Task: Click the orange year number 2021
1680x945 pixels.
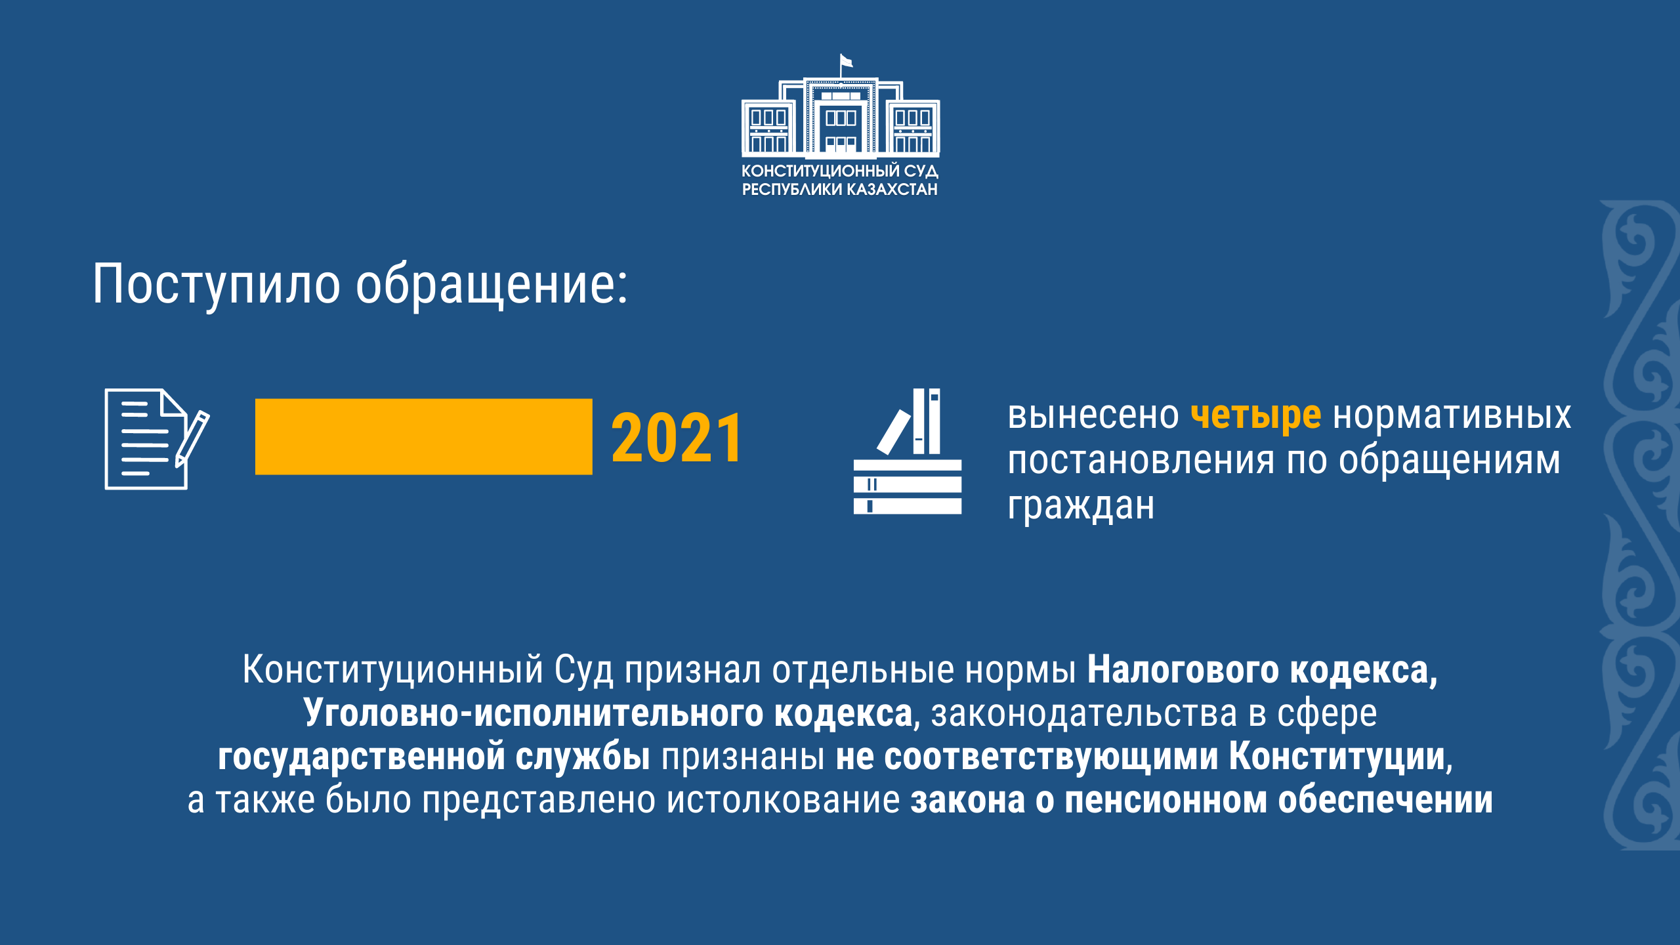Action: pyautogui.click(x=677, y=438)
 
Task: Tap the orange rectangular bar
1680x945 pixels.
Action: pyautogui.click(x=424, y=436)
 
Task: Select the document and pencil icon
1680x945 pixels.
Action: pyautogui.click(x=157, y=439)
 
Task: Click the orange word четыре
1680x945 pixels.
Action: pyautogui.click(x=1255, y=415)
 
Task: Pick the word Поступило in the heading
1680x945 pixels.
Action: pyautogui.click(x=216, y=284)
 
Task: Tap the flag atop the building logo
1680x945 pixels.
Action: pyautogui.click(x=846, y=62)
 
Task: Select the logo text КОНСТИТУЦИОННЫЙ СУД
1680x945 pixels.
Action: pyautogui.click(x=840, y=171)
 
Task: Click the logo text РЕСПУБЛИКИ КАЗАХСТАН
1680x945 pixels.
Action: pyautogui.click(x=840, y=190)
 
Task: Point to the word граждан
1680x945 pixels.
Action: pyautogui.click(x=1081, y=506)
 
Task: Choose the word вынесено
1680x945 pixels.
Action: pyautogui.click(x=1093, y=416)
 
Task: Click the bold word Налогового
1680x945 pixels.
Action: pyautogui.click(x=1183, y=671)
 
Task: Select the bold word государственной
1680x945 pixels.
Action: pyautogui.click(x=360, y=757)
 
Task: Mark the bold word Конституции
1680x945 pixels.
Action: pyautogui.click(x=1338, y=757)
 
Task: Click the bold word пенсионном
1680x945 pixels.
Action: pyautogui.click(x=1166, y=800)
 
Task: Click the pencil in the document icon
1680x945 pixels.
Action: pyautogui.click(x=192, y=439)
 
